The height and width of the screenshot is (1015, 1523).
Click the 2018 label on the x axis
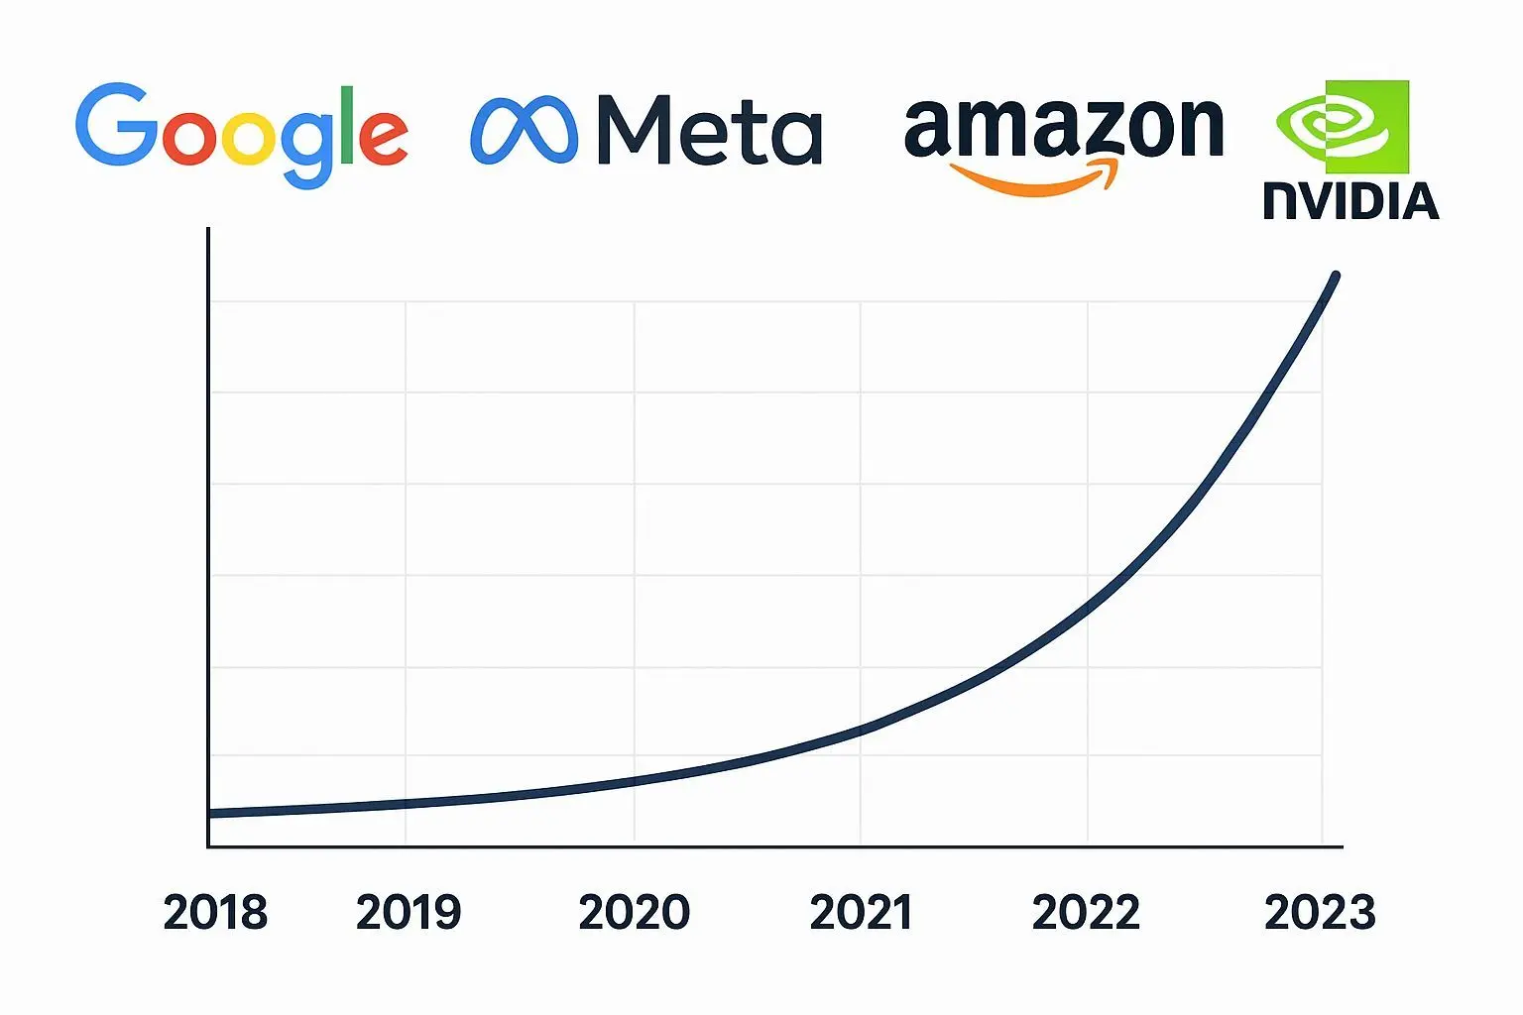[x=215, y=913]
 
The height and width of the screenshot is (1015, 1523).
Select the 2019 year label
[x=409, y=913]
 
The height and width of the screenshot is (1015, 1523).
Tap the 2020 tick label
[x=634, y=913]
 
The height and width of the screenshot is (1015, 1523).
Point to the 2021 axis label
[x=861, y=913]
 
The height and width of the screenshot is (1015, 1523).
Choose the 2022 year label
[x=1086, y=913]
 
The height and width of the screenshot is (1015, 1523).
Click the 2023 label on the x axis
[x=1320, y=913]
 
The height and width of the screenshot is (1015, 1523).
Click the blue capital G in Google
[x=115, y=125]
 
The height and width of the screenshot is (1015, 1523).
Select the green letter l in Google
[x=346, y=125]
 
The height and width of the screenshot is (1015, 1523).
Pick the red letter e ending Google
[x=383, y=138]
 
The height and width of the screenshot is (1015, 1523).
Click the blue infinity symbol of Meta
[x=524, y=130]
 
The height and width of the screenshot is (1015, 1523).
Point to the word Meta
[x=710, y=130]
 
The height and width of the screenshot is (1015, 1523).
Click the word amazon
[x=1064, y=129]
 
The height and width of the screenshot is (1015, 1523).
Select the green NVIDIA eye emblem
[x=1344, y=126]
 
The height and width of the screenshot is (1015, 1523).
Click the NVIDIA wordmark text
[x=1350, y=201]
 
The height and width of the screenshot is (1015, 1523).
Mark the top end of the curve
[x=1336, y=277]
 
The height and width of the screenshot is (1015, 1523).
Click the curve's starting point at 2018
[x=211, y=813]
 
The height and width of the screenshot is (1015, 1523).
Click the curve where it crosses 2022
[x=1088, y=607]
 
